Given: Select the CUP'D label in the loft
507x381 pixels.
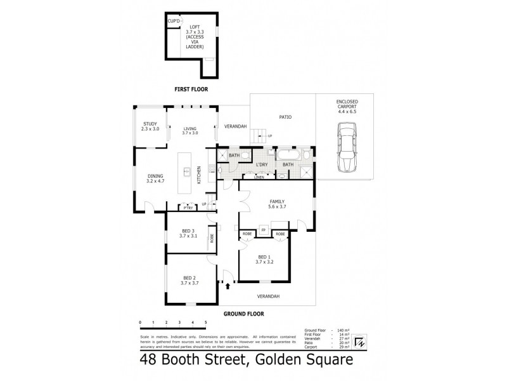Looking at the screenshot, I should (x=173, y=22).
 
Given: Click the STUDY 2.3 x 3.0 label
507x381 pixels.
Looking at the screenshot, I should (x=150, y=126).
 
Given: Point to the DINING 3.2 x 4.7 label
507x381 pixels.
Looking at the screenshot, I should (x=156, y=178).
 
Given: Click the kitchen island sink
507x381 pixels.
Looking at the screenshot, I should (x=188, y=171).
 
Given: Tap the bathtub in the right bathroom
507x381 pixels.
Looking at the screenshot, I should (x=288, y=154).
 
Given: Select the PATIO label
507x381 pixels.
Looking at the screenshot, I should (x=285, y=117).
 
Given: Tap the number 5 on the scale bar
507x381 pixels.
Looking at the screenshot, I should (x=206, y=323).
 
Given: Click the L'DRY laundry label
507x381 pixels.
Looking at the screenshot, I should (x=262, y=164).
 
